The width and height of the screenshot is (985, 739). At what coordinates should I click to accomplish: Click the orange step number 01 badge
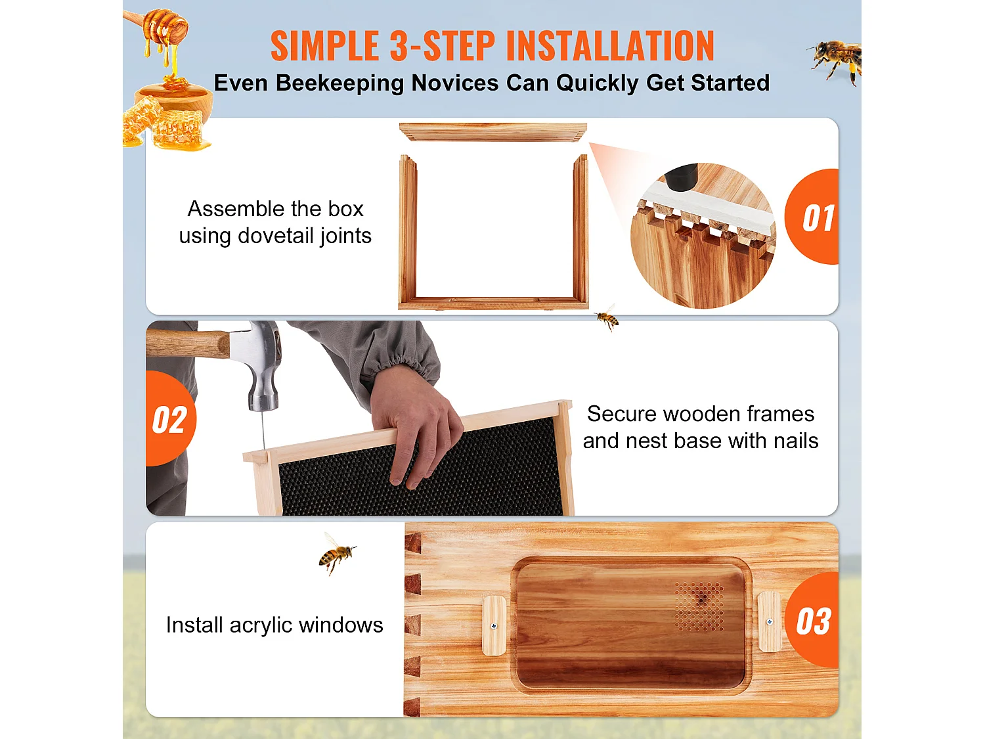(x=814, y=217)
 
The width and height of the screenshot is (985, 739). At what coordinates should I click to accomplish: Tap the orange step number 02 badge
(x=169, y=419)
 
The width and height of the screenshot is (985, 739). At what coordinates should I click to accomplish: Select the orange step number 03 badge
(x=814, y=621)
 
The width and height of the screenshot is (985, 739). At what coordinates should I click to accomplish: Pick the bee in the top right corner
(x=836, y=60)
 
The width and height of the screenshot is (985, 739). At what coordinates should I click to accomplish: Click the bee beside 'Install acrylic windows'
(x=336, y=554)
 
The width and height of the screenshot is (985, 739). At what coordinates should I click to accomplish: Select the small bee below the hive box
(x=607, y=319)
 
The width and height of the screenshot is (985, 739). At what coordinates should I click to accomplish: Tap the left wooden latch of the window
(x=494, y=625)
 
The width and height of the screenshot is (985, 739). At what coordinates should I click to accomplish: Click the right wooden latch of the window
(x=769, y=621)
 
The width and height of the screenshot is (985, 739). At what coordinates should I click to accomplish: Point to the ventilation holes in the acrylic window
(x=700, y=606)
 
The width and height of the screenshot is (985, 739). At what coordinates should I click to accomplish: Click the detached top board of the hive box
(x=492, y=132)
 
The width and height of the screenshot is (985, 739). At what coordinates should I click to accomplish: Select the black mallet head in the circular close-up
(x=682, y=175)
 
